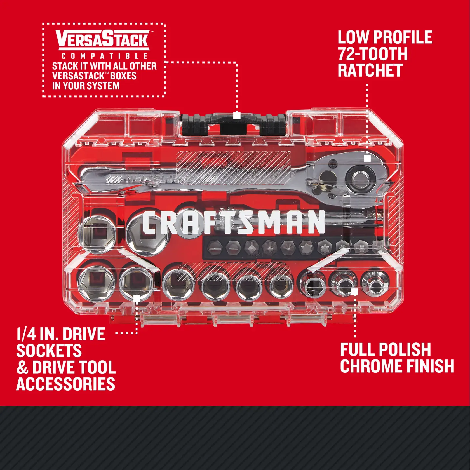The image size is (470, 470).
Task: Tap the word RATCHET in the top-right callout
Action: click(x=370, y=70)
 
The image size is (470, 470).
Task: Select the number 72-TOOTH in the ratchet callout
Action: click(x=373, y=54)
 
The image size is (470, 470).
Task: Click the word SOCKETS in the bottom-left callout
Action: click(x=49, y=351)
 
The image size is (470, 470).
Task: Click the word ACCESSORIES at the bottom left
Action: click(x=66, y=384)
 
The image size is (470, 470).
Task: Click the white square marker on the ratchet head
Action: click(x=367, y=158)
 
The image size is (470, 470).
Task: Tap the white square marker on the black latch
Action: click(x=237, y=116)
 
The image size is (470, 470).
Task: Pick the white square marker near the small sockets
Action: click(x=354, y=292)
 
